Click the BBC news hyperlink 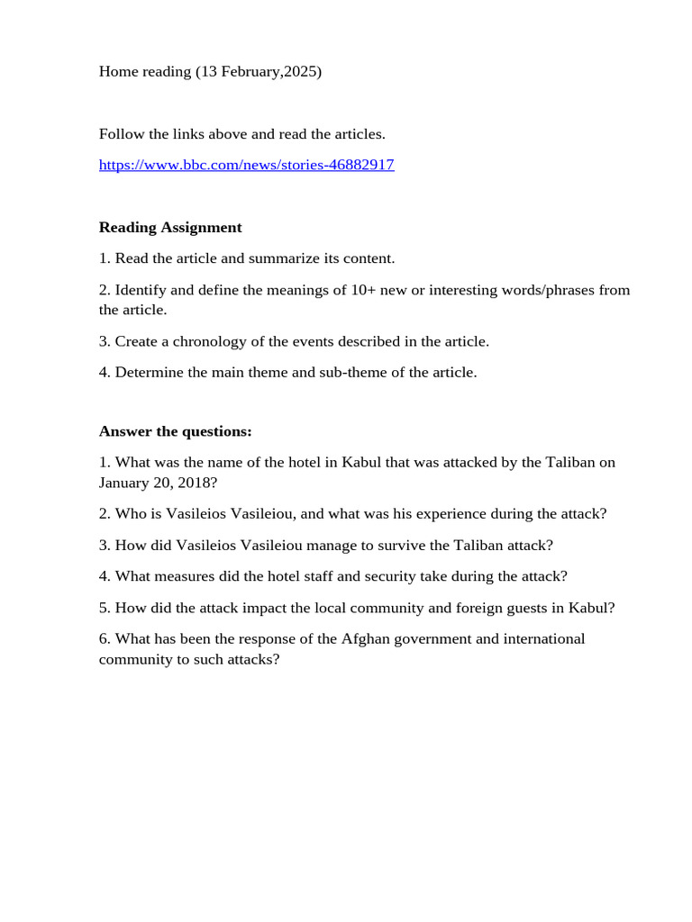[x=246, y=165]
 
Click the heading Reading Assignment [x=170, y=227]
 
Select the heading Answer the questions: [x=175, y=431]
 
